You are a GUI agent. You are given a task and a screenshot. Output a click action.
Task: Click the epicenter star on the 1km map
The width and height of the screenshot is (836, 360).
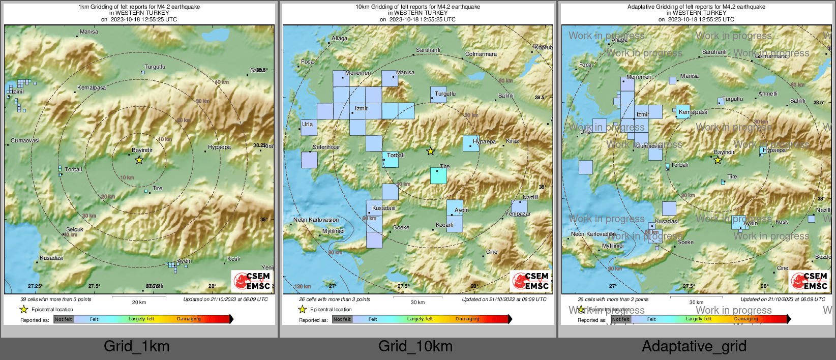[x=139, y=160]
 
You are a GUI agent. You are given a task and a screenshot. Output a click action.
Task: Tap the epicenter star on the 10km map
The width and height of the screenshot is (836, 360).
[x=430, y=151]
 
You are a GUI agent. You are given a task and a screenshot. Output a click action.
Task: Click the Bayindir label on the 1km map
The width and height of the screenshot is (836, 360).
[x=142, y=150]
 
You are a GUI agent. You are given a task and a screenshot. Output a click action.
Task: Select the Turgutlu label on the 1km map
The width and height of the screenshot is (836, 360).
[x=155, y=67]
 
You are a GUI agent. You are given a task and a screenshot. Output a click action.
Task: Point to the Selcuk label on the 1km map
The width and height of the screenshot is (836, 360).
[x=74, y=229]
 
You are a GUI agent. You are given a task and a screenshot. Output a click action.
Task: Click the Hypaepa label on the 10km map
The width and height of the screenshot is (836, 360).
[x=484, y=141]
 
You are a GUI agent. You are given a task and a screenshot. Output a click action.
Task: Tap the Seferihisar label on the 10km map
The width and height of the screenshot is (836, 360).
[x=326, y=147]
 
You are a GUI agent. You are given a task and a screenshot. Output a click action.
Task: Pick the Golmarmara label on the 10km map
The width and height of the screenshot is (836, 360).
[x=481, y=54]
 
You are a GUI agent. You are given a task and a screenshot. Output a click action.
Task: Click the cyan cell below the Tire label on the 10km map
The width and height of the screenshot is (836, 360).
[x=438, y=176]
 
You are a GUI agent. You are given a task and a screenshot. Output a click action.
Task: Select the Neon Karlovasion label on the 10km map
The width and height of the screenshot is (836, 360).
[x=316, y=220]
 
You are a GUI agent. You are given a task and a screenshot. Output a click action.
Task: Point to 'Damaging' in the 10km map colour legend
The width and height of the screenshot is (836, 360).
[x=467, y=319]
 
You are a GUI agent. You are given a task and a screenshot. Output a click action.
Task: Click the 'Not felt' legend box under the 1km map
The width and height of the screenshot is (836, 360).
[x=64, y=319]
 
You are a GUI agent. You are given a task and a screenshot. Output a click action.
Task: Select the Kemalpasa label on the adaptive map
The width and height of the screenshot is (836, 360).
[x=693, y=112]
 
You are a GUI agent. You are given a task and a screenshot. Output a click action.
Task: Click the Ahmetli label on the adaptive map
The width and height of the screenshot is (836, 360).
[x=767, y=94]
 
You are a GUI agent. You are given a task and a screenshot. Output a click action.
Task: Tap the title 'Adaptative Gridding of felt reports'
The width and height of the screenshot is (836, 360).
[x=696, y=7]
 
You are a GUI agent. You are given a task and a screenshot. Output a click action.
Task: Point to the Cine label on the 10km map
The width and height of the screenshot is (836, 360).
[x=491, y=252]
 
